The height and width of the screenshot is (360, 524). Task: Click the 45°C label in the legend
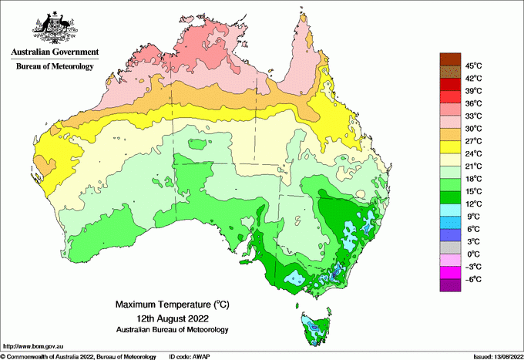(x=473, y=66)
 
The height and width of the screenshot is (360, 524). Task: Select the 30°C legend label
(x=473, y=128)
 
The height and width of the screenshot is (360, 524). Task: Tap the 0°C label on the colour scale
(x=473, y=254)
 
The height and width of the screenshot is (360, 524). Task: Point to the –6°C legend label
(x=473, y=279)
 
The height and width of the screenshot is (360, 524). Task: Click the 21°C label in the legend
(x=473, y=166)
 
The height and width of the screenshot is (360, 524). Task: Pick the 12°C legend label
(x=473, y=204)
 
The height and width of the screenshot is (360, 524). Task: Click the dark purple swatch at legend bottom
(x=450, y=285)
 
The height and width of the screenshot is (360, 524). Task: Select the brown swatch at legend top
(x=450, y=59)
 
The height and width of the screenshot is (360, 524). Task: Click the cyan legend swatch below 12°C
(x=450, y=210)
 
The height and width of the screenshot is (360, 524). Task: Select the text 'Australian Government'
(x=55, y=52)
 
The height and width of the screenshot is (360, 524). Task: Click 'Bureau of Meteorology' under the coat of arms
(x=55, y=66)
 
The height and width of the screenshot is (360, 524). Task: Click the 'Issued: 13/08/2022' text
(x=495, y=356)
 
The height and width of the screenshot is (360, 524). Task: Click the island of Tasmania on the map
(x=314, y=328)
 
